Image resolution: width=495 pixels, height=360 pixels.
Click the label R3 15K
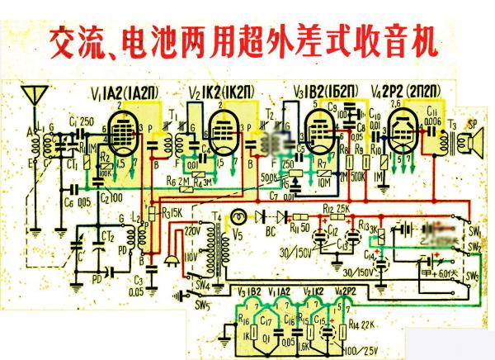[172, 213]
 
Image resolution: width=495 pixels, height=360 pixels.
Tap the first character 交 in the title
[68, 39]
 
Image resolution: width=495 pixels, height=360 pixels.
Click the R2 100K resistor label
[106, 166]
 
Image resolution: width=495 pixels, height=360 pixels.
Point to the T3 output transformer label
[452, 124]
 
